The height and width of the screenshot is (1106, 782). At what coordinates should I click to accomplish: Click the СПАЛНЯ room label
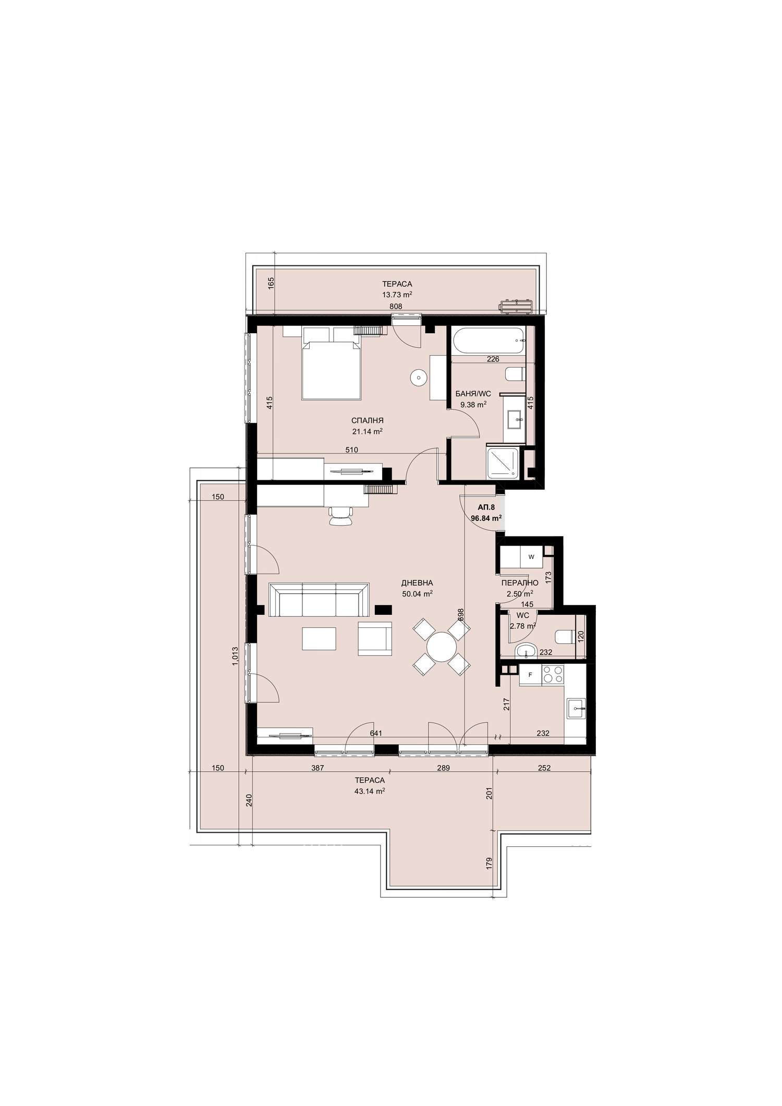(x=368, y=420)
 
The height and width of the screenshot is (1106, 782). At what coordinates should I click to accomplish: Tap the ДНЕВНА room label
(x=417, y=582)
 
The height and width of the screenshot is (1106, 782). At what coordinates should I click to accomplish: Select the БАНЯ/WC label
(x=473, y=394)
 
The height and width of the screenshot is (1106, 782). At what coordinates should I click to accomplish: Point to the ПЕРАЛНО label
(x=520, y=583)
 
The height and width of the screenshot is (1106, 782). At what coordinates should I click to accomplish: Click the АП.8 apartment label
(x=486, y=506)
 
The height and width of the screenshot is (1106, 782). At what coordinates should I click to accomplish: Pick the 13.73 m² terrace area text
(x=397, y=294)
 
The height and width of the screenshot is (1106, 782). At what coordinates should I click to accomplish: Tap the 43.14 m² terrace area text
(x=370, y=791)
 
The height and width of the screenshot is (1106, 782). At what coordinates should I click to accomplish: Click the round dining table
(x=442, y=647)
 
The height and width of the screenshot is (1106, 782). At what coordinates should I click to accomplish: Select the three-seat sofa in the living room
(x=319, y=600)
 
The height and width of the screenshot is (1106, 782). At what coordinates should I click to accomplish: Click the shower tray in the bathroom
(x=503, y=463)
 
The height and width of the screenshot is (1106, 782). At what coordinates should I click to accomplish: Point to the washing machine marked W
(x=531, y=557)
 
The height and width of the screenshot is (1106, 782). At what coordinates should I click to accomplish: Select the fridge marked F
(x=530, y=675)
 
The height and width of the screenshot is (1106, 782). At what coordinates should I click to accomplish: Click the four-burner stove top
(x=553, y=675)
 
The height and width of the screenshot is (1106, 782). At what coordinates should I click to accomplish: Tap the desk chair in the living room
(x=340, y=516)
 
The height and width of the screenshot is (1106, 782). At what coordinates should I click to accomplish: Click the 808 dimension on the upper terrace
(x=396, y=307)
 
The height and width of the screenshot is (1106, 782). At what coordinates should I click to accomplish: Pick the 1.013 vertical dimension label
(x=235, y=657)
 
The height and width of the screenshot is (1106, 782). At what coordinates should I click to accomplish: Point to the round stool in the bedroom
(x=418, y=377)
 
